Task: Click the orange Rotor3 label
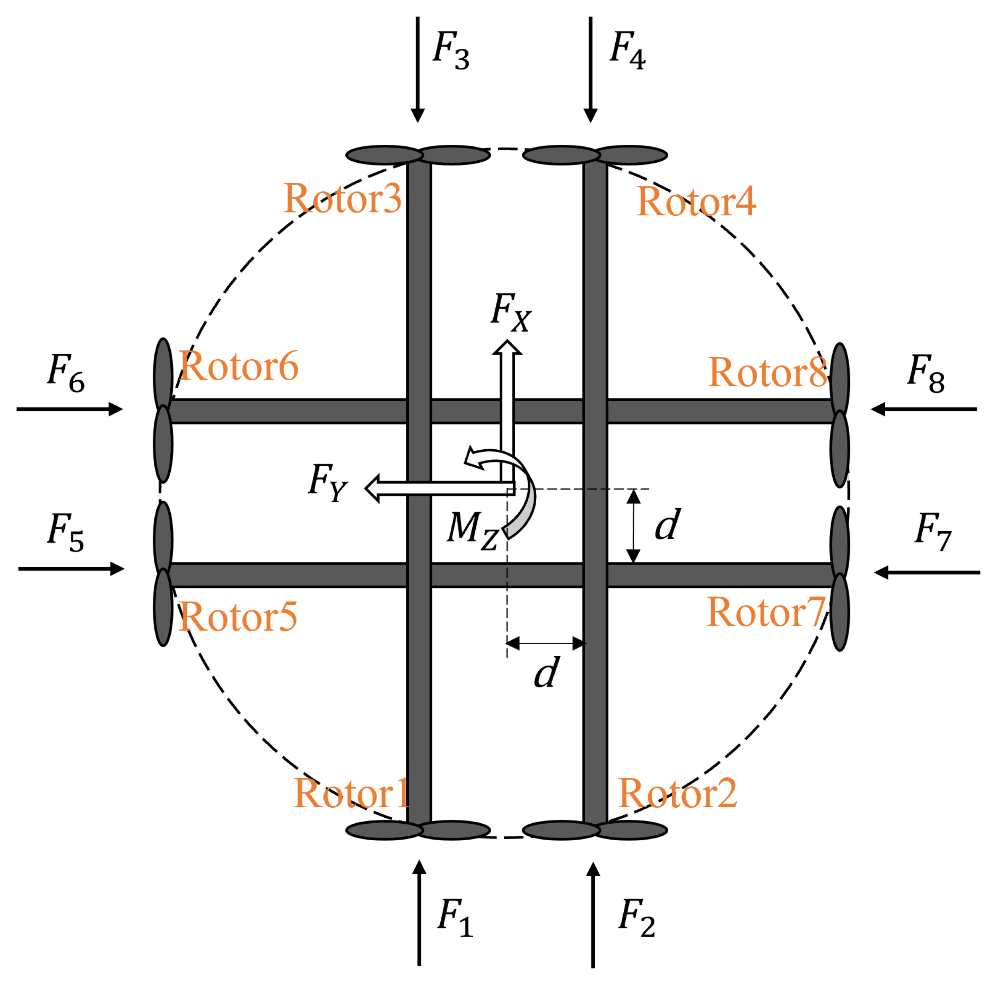coord(342,199)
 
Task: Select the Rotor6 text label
coord(238,366)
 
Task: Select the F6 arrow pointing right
coord(70,409)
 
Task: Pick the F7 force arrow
coord(927,573)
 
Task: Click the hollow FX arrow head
coord(507,348)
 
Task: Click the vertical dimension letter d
coord(667,525)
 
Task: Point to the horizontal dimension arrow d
coord(545,643)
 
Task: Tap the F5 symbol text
coord(66,532)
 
